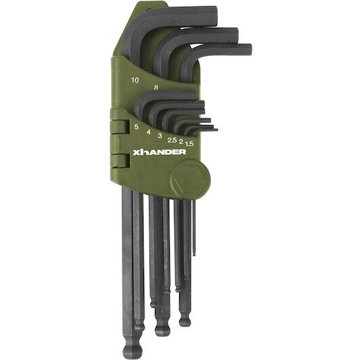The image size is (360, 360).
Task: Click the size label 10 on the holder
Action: [x=135, y=80]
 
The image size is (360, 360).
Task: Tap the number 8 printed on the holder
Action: [x=156, y=87]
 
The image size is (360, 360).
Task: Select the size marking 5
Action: [x=137, y=127]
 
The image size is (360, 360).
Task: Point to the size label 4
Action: [x=149, y=132]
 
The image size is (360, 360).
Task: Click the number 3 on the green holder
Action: [x=160, y=135]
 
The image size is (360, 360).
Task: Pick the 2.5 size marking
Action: [x=172, y=140]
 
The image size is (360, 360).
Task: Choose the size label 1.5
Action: [x=189, y=143]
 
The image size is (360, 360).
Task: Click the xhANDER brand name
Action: [x=159, y=152]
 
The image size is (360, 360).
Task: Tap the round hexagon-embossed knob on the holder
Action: [x=190, y=177]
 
